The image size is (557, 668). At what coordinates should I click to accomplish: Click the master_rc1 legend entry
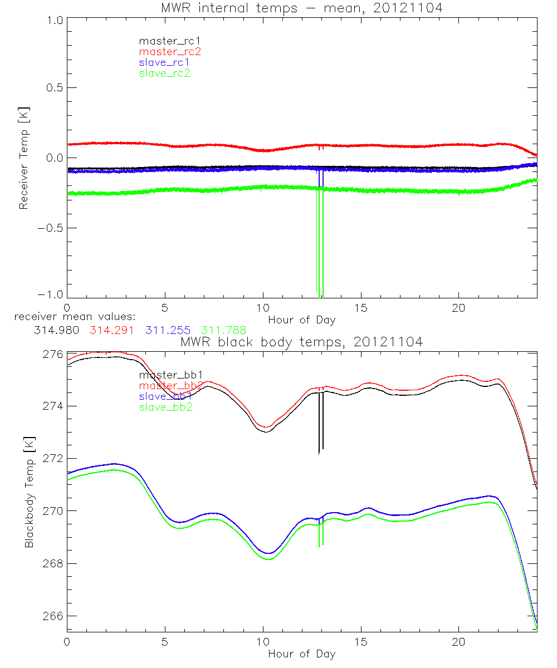[164, 41]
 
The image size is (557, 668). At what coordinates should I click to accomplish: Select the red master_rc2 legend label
[169, 51]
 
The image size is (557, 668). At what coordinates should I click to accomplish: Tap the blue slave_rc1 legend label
[164, 62]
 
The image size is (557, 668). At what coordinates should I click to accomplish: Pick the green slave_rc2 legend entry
[164, 73]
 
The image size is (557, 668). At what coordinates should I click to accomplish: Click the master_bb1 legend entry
[166, 375]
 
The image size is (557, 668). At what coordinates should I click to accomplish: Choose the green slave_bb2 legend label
[165, 407]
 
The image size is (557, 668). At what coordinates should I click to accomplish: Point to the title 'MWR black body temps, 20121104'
[301, 342]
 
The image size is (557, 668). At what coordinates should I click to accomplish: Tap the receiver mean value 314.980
[56, 330]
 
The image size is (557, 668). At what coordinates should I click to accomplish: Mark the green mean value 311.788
[224, 330]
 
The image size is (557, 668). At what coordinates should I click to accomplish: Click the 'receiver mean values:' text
[71, 317]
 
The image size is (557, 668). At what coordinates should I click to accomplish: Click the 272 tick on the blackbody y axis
[53, 459]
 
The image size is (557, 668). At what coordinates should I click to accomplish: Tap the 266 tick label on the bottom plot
[53, 616]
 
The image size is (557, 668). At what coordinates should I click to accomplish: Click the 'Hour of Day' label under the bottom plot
[301, 654]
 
